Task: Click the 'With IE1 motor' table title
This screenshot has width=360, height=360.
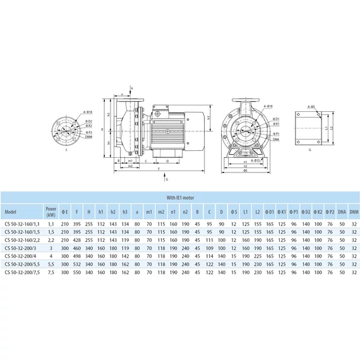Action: click(180, 197)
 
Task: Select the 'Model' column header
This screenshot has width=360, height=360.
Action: click(11, 211)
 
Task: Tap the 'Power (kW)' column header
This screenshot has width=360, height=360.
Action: click(50, 211)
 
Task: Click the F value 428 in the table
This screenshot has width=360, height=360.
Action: click(76, 240)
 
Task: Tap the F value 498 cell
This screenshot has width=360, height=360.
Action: click(76, 258)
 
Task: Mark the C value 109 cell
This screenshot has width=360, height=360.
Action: click(209, 249)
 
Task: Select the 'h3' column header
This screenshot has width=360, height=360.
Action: click(126, 211)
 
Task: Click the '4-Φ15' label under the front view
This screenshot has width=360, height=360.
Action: click(253, 161)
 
